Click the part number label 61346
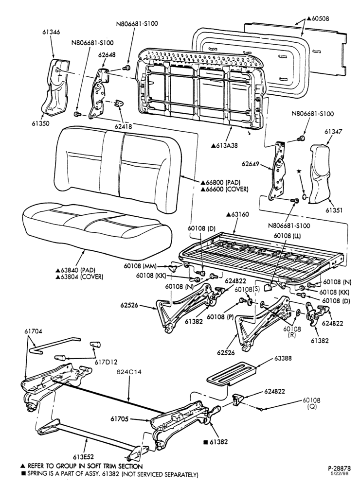pos(52,32)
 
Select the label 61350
pos(40,123)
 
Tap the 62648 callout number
pos(107,54)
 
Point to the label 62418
pos(123,126)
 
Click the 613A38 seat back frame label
pos(224,145)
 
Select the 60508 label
pos(318,18)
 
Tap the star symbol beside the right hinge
pos(299,171)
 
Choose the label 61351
pos(334,210)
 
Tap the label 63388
pos(283,358)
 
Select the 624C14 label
pos(129,372)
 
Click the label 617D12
pos(107,362)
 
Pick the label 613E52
pos(84,456)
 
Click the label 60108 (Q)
pos(311,403)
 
